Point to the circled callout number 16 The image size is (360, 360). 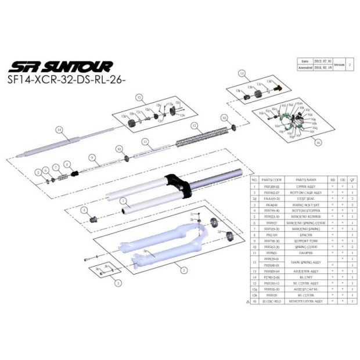[x=318, y=142]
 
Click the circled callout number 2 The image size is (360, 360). [x=183, y=270]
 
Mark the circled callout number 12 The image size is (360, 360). [x=195, y=125]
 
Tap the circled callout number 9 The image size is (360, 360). [x=92, y=157]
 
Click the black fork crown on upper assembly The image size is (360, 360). [x=179, y=183]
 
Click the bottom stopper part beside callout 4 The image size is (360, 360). [x=92, y=218]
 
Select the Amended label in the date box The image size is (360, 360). [x=305, y=67]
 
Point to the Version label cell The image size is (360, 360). [x=340, y=64]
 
